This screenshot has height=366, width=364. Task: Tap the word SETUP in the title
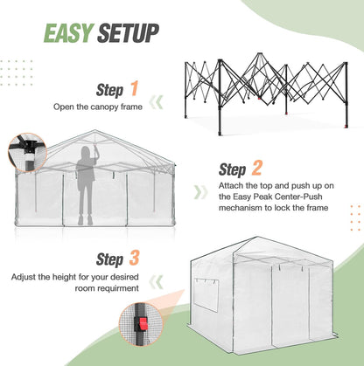click(128, 34)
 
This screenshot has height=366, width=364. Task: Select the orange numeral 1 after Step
click(134, 88)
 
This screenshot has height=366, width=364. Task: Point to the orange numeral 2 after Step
click(258, 169)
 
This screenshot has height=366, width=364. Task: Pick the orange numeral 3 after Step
click(134, 259)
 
